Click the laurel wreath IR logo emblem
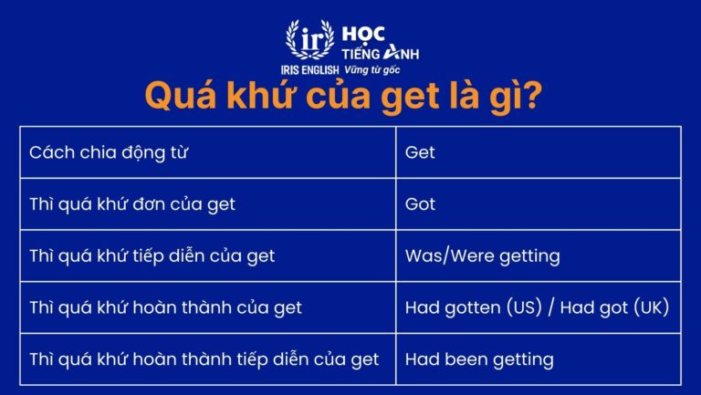tap(304, 40)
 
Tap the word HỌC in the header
tap(364, 34)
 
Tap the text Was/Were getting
tap(482, 256)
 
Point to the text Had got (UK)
tap(614, 307)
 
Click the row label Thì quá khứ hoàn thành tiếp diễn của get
tap(204, 359)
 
